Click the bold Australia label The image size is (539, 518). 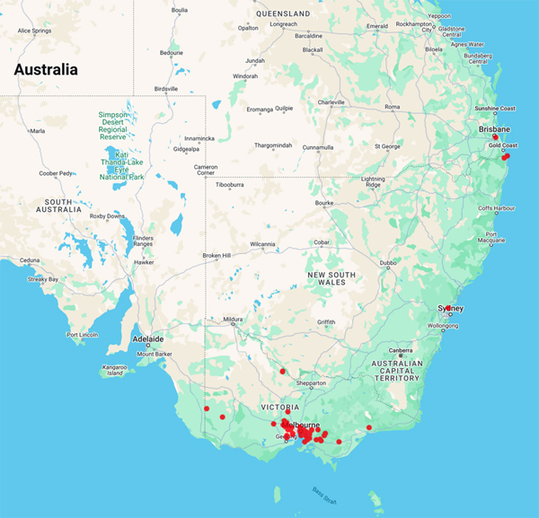(x=45, y=69)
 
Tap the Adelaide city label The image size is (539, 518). (x=148, y=339)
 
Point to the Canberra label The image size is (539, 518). (x=400, y=350)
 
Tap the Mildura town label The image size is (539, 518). (x=234, y=319)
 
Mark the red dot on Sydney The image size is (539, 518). (x=447, y=308)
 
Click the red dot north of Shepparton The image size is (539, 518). (x=282, y=371)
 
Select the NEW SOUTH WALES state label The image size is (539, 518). (x=331, y=278)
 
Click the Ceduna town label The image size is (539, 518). (x=31, y=260)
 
